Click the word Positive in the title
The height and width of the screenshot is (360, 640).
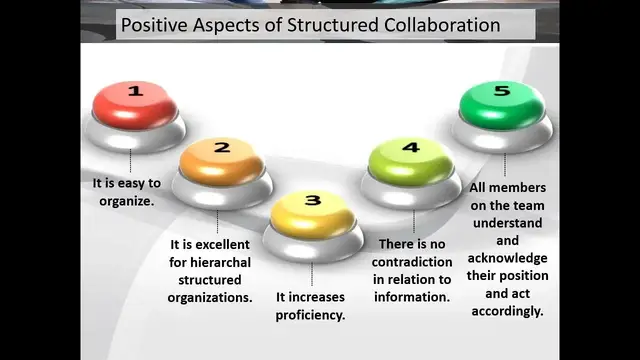155,25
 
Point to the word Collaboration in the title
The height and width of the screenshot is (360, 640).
436,25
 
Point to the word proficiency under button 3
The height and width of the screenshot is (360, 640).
310,315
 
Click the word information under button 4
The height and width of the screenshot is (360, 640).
412,297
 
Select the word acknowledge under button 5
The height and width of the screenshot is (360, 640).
507,259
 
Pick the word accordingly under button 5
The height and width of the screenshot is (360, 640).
507,311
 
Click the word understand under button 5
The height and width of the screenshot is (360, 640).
507,223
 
